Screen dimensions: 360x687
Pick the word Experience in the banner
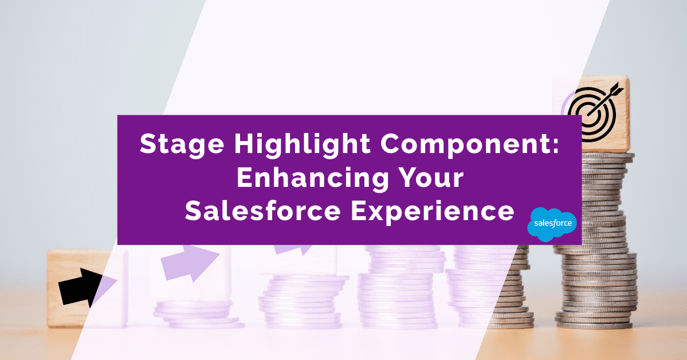(x=433, y=212)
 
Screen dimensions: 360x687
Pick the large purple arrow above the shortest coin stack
(x=190, y=264)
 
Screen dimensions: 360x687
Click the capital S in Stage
(x=147, y=144)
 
